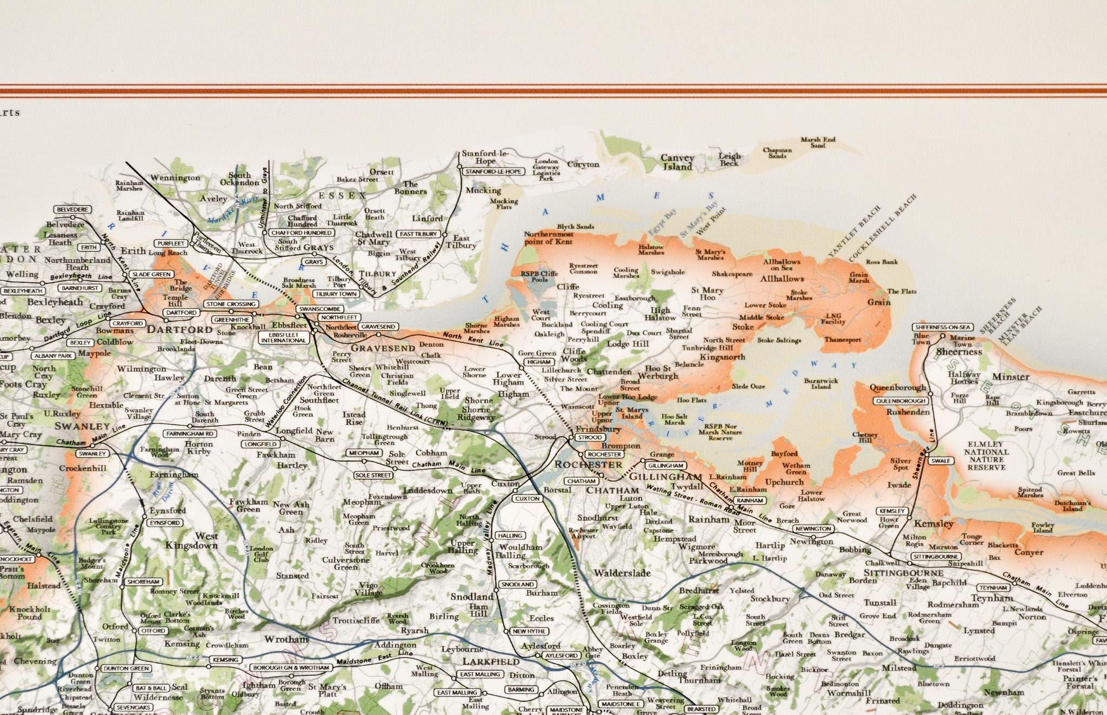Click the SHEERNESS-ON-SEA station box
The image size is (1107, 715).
(943, 327)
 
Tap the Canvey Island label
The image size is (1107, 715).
(677, 162)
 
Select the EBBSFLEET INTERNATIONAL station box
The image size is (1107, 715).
(283, 337)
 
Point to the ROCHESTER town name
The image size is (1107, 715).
(589, 465)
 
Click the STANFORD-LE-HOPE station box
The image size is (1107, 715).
(494, 171)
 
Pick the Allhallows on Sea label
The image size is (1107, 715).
(782, 264)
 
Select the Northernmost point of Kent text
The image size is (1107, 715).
(548, 238)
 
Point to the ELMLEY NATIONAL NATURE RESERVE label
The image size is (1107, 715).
(986, 455)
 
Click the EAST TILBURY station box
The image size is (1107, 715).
(418, 234)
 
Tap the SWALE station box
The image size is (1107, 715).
(941, 461)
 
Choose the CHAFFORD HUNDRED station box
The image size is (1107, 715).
(302, 233)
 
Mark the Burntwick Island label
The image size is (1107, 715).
(821, 383)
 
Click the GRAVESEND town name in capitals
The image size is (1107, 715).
(383, 348)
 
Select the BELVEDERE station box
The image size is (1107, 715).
(72, 209)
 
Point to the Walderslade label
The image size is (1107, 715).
(622, 573)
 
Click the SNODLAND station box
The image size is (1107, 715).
(517, 585)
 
